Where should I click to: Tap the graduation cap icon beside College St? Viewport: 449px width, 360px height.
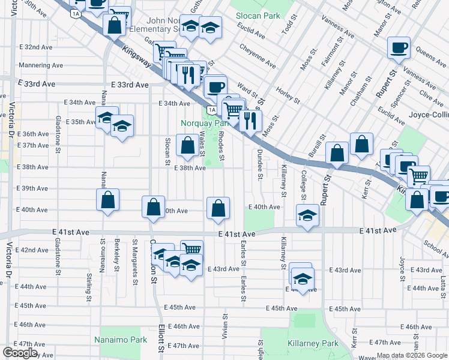307,217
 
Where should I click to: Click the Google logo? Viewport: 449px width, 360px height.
20,353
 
